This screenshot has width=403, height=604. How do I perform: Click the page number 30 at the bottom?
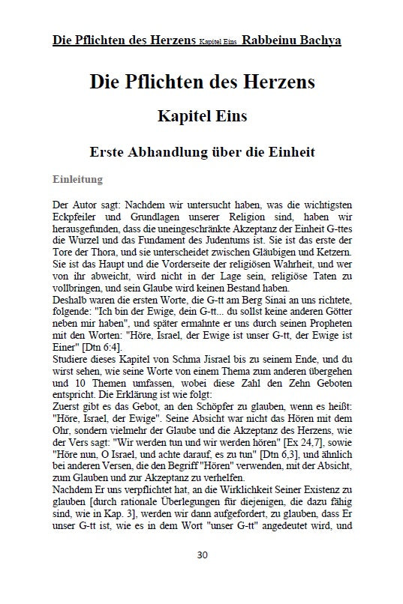pyautogui.click(x=202, y=576)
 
